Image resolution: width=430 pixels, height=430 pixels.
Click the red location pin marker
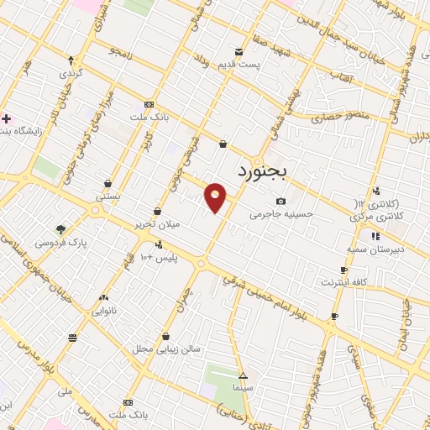click(x=216, y=197)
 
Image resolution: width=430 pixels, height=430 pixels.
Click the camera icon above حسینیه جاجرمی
click(x=281, y=201)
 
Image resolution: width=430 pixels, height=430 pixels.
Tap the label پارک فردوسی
click(x=61, y=242)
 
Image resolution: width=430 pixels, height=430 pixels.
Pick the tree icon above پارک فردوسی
click(x=60, y=228)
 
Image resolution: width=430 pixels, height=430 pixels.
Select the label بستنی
click(x=108, y=196)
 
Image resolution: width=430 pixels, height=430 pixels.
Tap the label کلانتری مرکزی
click(x=375, y=216)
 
